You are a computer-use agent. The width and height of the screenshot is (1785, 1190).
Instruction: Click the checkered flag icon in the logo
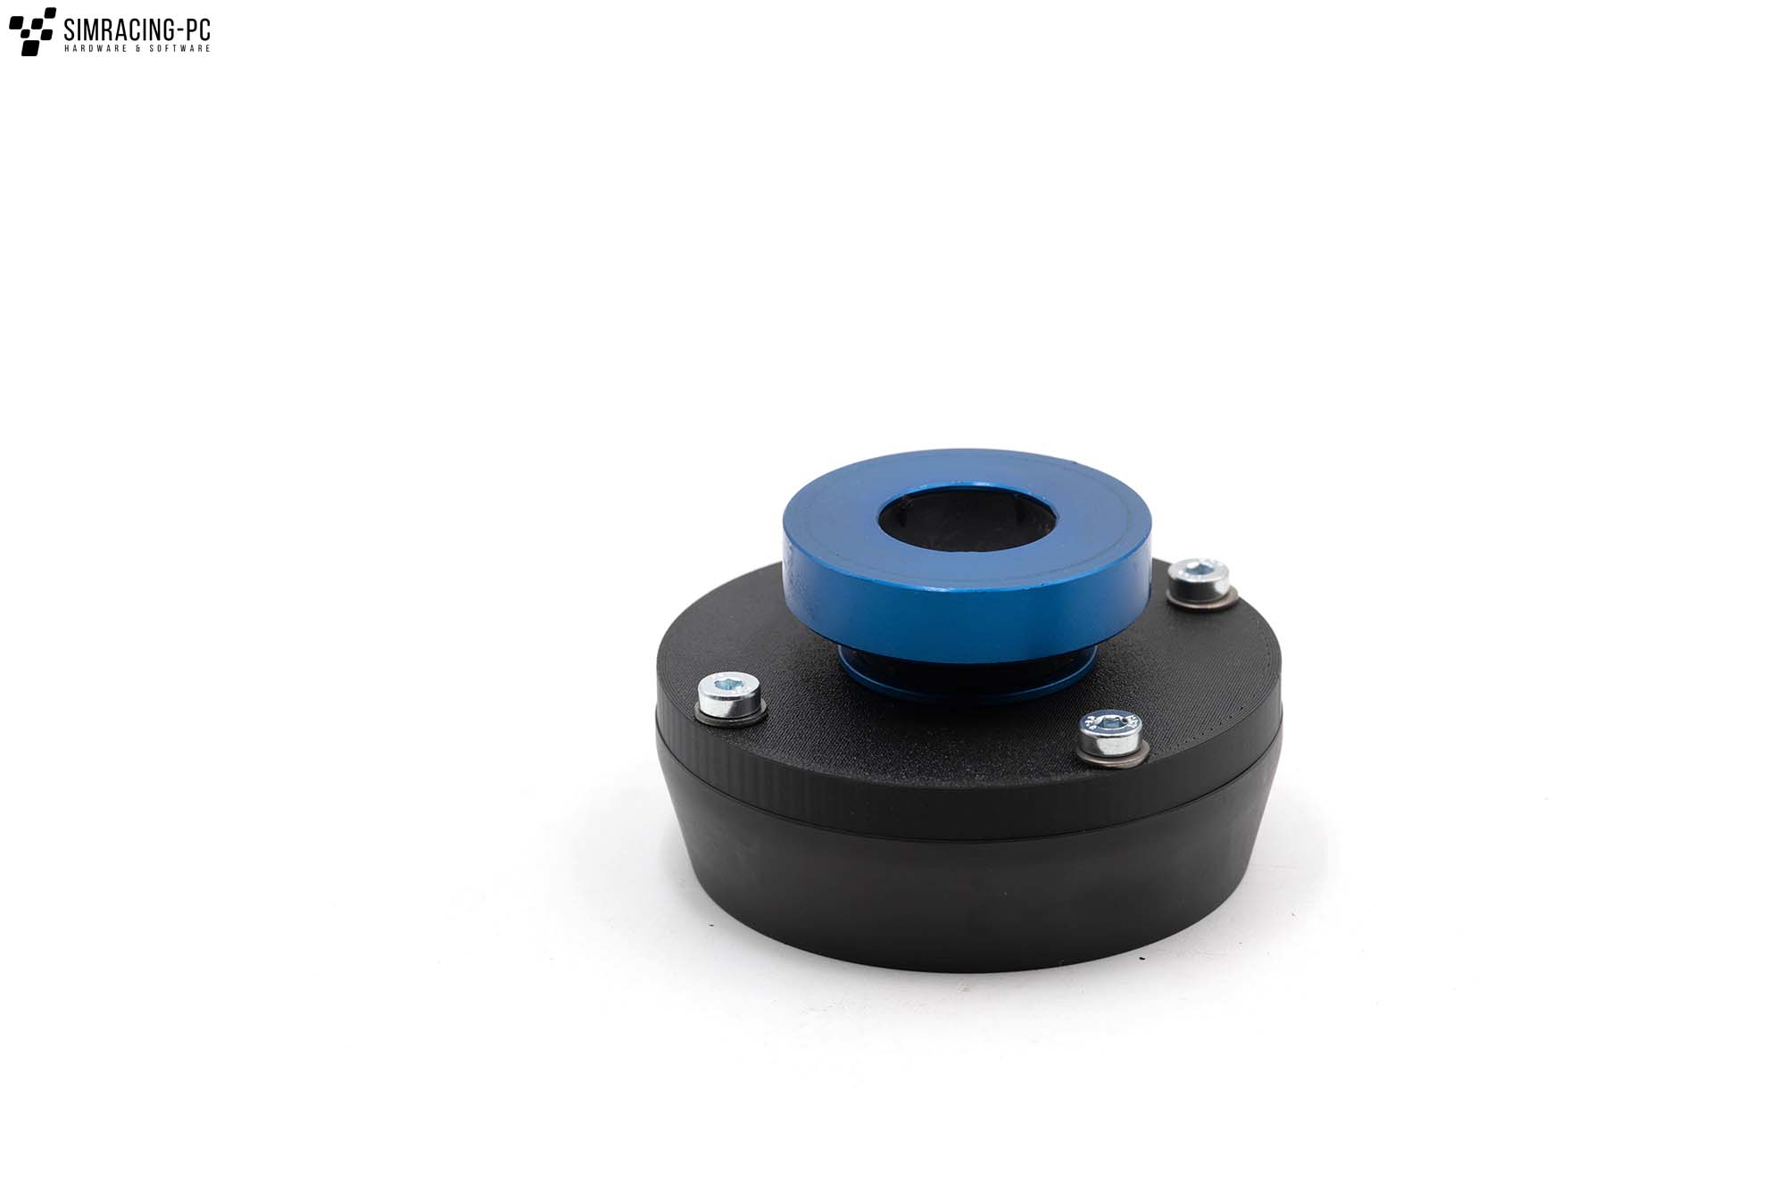32,31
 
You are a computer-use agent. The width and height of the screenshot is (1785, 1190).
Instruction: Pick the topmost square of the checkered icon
44,13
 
